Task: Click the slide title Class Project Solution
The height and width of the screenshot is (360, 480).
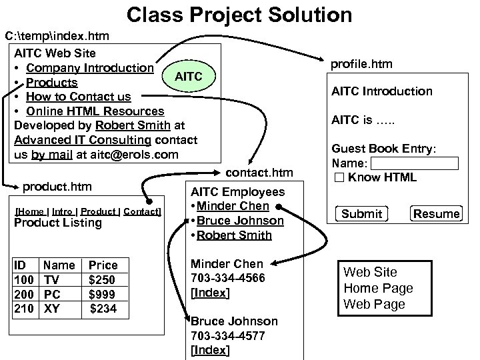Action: pos(239,14)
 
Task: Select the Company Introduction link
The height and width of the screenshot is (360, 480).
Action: pos(90,67)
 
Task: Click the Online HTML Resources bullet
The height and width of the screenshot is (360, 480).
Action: pos(95,111)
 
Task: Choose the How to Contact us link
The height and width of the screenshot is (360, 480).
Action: pos(79,97)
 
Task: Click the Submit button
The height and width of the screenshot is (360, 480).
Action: pos(361,213)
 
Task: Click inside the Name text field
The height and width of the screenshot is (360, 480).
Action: pos(414,163)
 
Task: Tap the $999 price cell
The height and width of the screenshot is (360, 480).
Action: pos(101,294)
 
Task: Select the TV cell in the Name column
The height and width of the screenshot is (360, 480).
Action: pos(51,279)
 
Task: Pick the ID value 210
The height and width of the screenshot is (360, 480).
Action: pos(24,308)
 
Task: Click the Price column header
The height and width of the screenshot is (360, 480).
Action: pos(103,265)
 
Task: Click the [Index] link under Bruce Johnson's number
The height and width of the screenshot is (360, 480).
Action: pos(210,350)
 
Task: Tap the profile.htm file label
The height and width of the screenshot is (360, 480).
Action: pos(362,64)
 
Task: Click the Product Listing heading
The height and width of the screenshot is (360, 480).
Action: pos(58,223)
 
